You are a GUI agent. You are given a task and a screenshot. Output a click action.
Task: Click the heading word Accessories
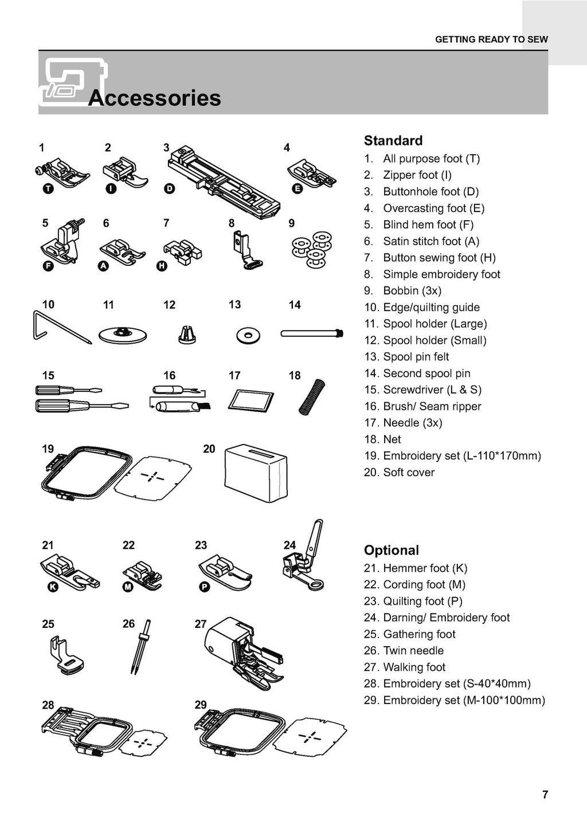click(155, 98)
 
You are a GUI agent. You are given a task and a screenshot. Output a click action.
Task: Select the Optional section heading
click(392, 550)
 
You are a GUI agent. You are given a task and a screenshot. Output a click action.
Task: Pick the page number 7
click(545, 794)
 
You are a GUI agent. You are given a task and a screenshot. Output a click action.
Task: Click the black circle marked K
click(52, 587)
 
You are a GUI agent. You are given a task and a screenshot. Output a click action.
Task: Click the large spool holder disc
click(123, 335)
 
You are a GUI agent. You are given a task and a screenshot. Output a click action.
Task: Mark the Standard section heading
click(393, 140)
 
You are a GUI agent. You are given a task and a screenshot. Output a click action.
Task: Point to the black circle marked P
click(204, 587)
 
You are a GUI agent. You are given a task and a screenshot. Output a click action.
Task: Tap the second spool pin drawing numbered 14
click(312, 333)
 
